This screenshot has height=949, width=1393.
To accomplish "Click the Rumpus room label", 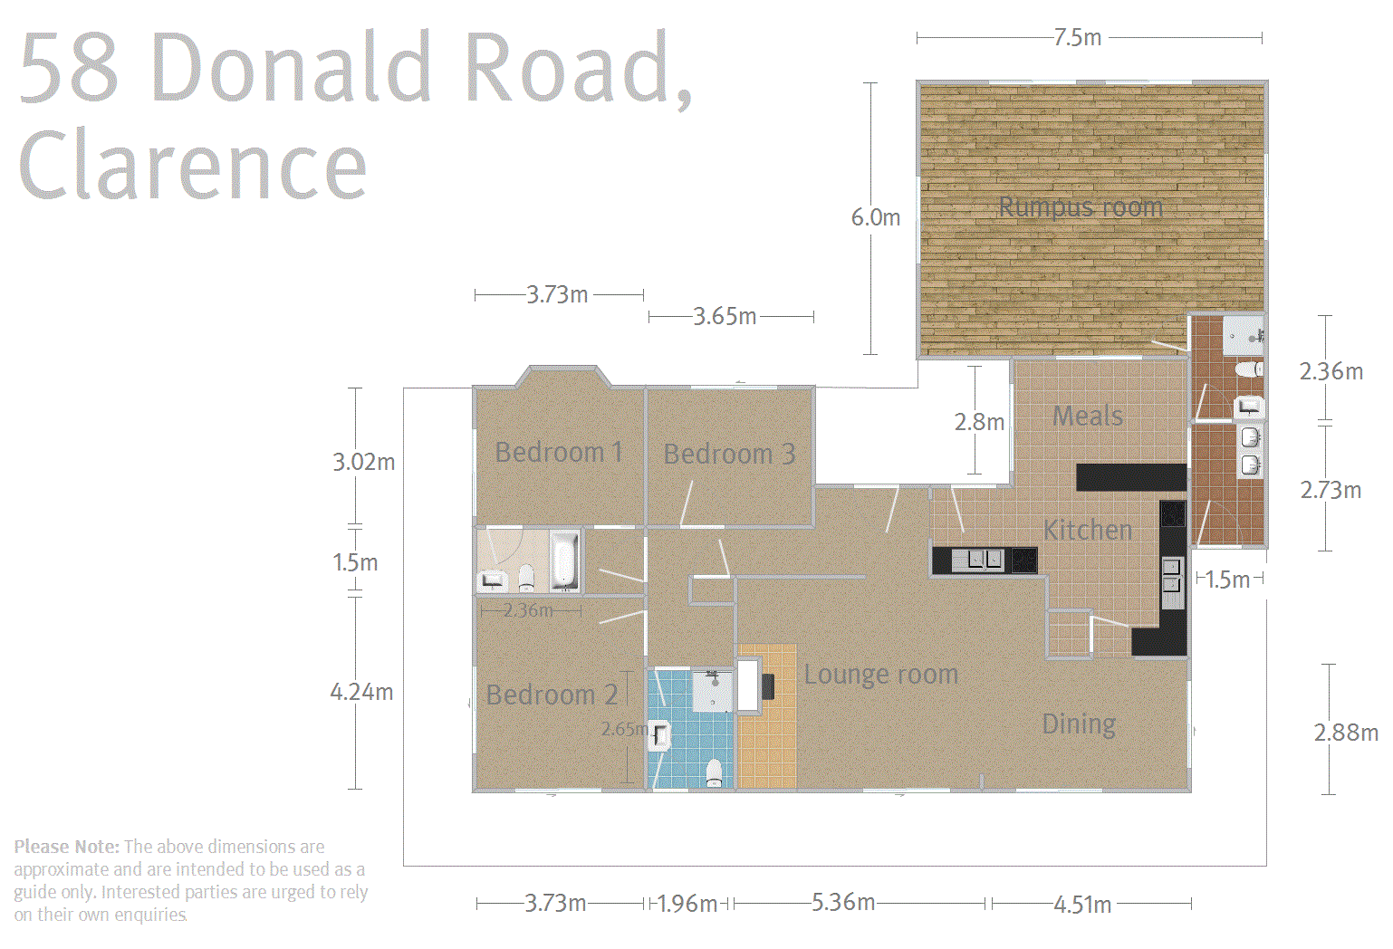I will click(1081, 207).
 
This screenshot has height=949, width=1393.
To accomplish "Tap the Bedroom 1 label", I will click(558, 452).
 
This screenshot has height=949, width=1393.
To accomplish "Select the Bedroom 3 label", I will click(729, 454).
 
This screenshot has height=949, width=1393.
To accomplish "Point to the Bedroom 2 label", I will click(552, 695).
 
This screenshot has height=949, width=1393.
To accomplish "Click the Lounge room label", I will click(880, 675).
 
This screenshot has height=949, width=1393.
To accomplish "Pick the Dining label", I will click(1079, 724).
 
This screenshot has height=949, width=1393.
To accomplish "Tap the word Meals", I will click(1088, 417).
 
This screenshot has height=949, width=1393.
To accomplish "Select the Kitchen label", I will click(1088, 530).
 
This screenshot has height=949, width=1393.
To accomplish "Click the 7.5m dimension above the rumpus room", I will click(1078, 38).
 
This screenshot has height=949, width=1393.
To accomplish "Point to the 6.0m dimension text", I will click(875, 217).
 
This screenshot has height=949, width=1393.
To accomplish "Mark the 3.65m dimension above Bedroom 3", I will click(725, 316).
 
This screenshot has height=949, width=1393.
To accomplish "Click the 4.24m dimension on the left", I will click(361, 693).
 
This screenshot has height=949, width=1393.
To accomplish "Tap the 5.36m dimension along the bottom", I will click(843, 902).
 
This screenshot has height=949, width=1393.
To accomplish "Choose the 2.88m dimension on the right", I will click(1346, 733).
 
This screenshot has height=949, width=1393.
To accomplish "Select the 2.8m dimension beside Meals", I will click(979, 422).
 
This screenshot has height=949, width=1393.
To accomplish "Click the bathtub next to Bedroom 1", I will click(563, 561).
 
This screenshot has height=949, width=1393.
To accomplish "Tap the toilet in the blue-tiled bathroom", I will click(714, 772).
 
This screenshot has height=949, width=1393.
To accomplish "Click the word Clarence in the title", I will click(192, 166).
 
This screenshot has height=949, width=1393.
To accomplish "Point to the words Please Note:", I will click(66, 847).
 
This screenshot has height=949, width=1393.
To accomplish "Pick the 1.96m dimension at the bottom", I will click(687, 904).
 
